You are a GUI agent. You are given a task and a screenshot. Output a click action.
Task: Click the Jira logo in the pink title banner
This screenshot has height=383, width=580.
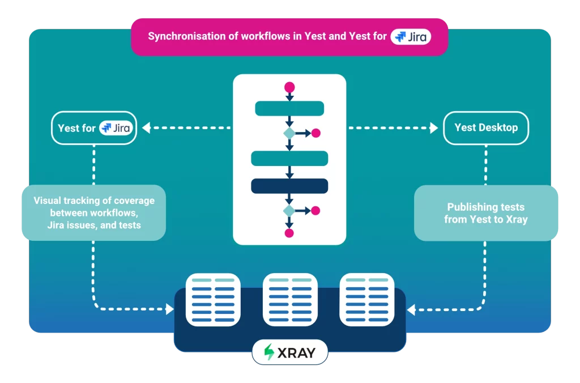(x=411, y=37)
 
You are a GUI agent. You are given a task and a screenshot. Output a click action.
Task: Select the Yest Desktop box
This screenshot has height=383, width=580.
(x=486, y=127)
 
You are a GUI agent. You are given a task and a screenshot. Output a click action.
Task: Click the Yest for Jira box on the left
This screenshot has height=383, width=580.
(x=94, y=128)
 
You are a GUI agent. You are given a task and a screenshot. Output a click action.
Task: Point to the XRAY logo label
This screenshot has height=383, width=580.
(x=289, y=353)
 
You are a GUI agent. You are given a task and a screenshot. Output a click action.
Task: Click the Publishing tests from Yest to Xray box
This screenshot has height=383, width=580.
(x=486, y=213)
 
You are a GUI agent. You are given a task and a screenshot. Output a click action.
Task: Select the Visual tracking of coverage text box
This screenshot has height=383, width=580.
(x=94, y=213)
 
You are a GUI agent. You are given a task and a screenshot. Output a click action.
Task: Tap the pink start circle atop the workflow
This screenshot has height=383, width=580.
(x=289, y=87)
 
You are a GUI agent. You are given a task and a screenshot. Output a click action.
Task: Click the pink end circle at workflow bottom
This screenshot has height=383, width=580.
(x=289, y=233)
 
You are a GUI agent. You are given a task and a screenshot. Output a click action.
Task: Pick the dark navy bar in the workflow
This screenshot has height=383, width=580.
(x=289, y=186)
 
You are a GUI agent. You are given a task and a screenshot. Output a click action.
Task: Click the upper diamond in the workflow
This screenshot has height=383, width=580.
(x=289, y=133)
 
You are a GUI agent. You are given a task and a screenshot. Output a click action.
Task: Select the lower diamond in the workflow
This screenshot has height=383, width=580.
(x=289, y=211)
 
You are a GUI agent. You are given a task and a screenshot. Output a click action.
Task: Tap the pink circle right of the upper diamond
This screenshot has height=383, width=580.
(x=316, y=133)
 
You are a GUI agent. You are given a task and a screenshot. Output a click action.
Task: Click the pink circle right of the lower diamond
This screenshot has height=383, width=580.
(x=315, y=211)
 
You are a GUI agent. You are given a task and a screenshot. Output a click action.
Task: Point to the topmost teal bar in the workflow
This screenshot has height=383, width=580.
(x=289, y=108)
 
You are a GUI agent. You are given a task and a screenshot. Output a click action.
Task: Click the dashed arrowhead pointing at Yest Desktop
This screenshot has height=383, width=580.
(x=434, y=128)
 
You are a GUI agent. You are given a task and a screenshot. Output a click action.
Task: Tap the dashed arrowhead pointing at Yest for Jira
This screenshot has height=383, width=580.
(x=146, y=128)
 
